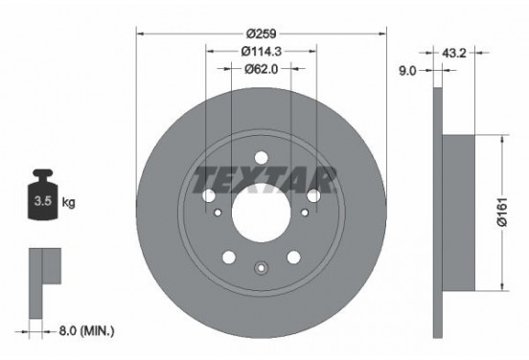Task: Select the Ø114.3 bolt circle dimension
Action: point(262,52)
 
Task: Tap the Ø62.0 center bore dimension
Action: point(262,69)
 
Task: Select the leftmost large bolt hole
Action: point(210,195)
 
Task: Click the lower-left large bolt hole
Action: point(230,256)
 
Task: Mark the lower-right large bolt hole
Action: point(293,256)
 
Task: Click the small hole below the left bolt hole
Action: point(218,213)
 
